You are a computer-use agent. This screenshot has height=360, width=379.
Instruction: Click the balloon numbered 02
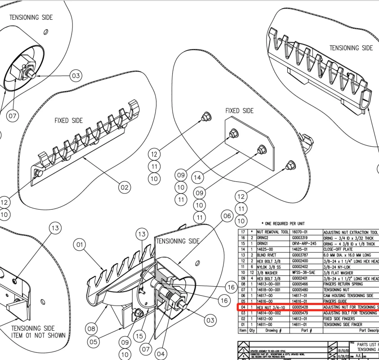(x=124, y=186)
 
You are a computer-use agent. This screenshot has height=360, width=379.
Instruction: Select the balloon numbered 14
(x=197, y=177)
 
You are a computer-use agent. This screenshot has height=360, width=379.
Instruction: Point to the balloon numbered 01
(x=80, y=245)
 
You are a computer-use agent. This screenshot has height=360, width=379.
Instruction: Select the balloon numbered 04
(x=161, y=353)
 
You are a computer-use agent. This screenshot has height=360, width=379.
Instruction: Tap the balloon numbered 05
(x=94, y=342)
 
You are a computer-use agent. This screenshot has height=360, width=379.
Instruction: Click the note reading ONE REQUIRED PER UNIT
(x=278, y=223)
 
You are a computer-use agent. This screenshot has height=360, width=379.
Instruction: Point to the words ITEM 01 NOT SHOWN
(x=38, y=335)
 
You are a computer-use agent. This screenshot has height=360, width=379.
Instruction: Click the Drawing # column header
(x=271, y=330)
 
